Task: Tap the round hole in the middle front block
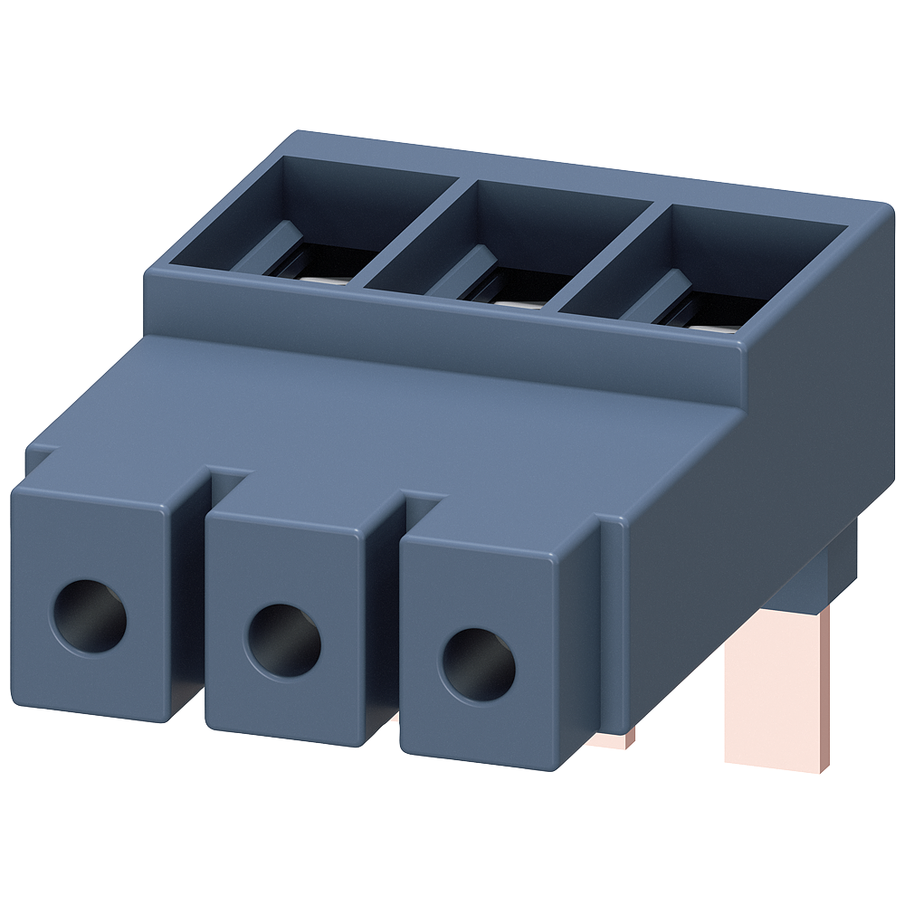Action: tap(283, 641)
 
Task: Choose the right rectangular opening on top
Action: tap(715, 271)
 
